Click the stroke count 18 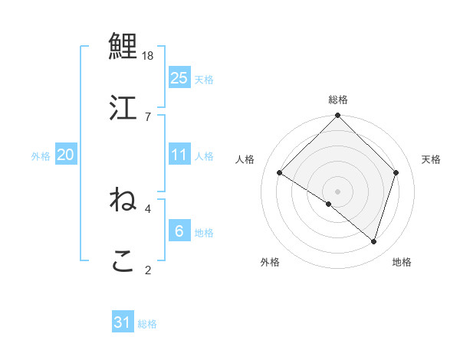point(149,56)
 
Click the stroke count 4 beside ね point(148,208)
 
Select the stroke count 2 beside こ point(148,269)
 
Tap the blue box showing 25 point(179,78)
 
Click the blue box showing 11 point(179,155)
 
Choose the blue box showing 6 point(179,231)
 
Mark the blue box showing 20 point(65,155)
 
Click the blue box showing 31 point(123,322)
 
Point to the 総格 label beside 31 point(147,324)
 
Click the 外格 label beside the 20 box point(41,156)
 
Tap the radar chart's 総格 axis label point(338,100)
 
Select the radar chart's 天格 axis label point(432,159)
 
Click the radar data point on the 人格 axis point(280,173)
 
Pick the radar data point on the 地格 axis point(374,241)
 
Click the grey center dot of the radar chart point(338,191)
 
